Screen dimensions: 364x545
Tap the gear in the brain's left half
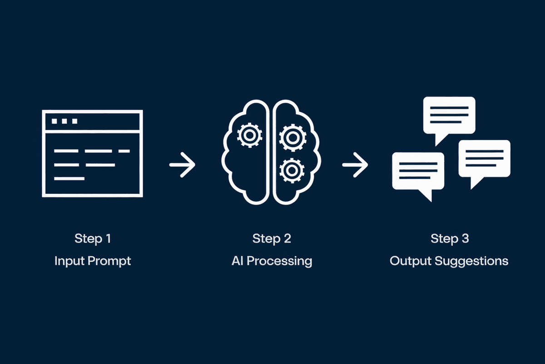(248, 135)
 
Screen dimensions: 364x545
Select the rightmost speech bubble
(484, 159)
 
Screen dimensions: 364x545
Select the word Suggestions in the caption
(471, 262)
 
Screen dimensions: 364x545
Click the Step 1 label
(93, 238)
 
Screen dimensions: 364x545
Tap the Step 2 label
(272, 238)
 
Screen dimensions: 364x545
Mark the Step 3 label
(449, 238)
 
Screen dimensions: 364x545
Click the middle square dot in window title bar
(64, 121)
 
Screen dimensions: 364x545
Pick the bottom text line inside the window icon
(69, 178)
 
